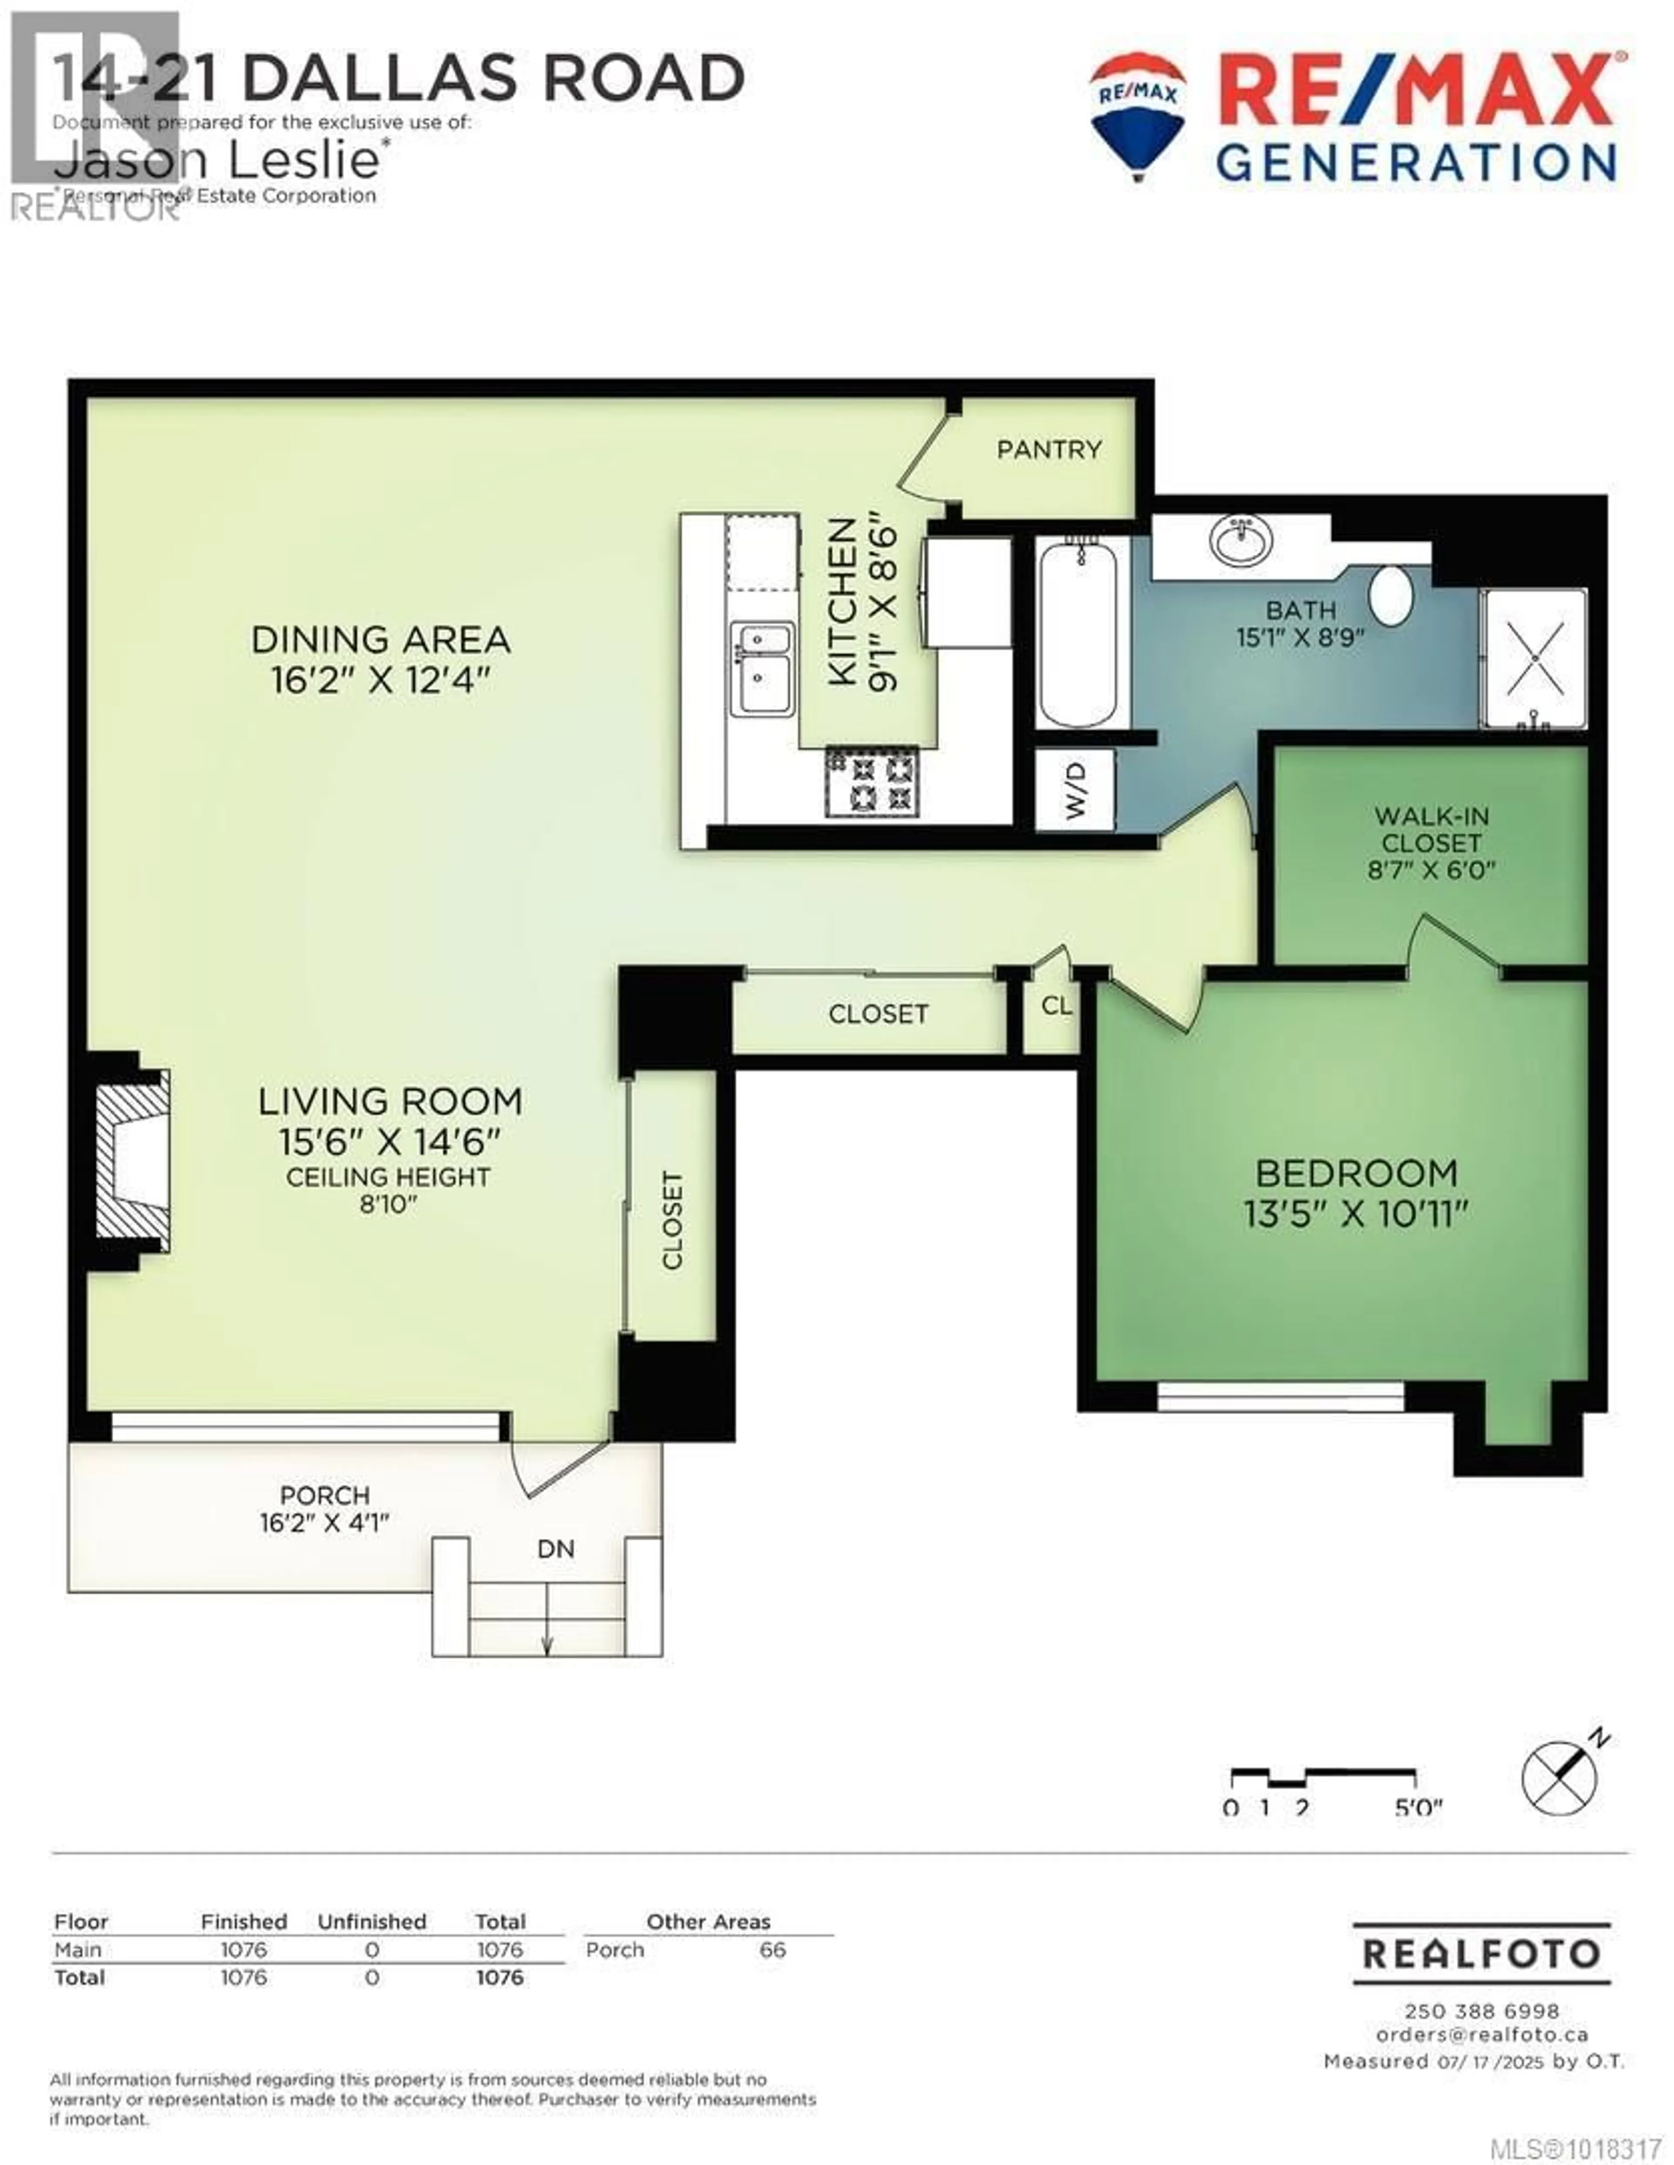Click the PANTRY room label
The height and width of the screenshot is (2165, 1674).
(1048, 450)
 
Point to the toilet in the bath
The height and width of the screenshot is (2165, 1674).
(1392, 595)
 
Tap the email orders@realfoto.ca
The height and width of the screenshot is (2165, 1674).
(1482, 2034)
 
